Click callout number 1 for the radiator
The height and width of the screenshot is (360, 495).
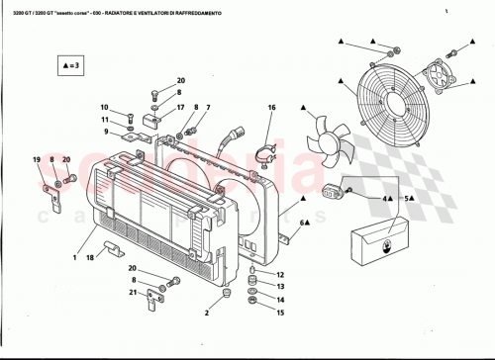point(73,257)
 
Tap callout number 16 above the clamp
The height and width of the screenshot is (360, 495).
point(271,107)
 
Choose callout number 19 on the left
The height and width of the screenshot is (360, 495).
point(38,159)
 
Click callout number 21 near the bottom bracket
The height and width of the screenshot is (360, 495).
point(132,293)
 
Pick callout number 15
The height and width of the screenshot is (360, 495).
point(280,313)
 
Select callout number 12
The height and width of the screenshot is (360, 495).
point(280,274)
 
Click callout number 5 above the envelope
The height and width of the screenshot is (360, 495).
point(405,198)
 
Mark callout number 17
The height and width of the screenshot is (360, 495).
point(180,107)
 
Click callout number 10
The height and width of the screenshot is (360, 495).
point(103,107)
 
